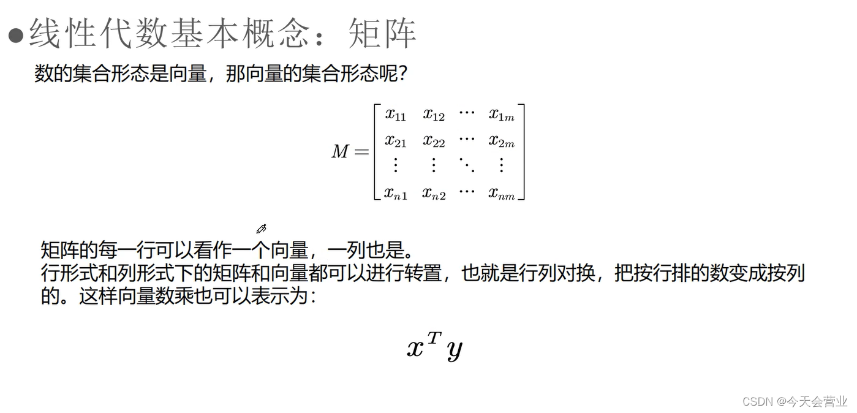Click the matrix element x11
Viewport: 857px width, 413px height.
click(395, 115)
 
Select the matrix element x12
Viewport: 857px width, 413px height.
click(433, 115)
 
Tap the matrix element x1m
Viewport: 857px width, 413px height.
click(501, 115)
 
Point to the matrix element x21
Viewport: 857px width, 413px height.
click(395, 141)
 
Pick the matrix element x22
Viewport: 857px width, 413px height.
click(433, 141)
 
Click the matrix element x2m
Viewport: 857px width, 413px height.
click(501, 141)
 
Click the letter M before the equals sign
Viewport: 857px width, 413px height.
click(340, 151)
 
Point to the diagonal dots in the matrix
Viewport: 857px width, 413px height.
click(466, 164)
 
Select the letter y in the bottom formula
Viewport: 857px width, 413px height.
click(454, 349)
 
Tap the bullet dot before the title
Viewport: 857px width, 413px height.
click(15, 34)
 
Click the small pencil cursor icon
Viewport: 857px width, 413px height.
click(261, 229)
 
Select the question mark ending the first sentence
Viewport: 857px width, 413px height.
click(402, 75)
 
